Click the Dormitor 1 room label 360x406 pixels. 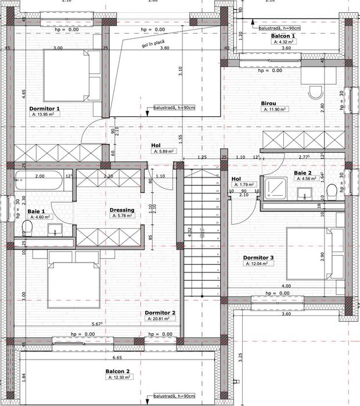45,108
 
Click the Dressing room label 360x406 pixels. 122,210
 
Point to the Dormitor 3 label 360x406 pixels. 258,257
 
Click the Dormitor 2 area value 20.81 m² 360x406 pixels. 158,319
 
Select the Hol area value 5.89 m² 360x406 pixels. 164,151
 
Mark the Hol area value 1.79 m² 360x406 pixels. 244,185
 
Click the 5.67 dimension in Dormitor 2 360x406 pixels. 97,324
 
